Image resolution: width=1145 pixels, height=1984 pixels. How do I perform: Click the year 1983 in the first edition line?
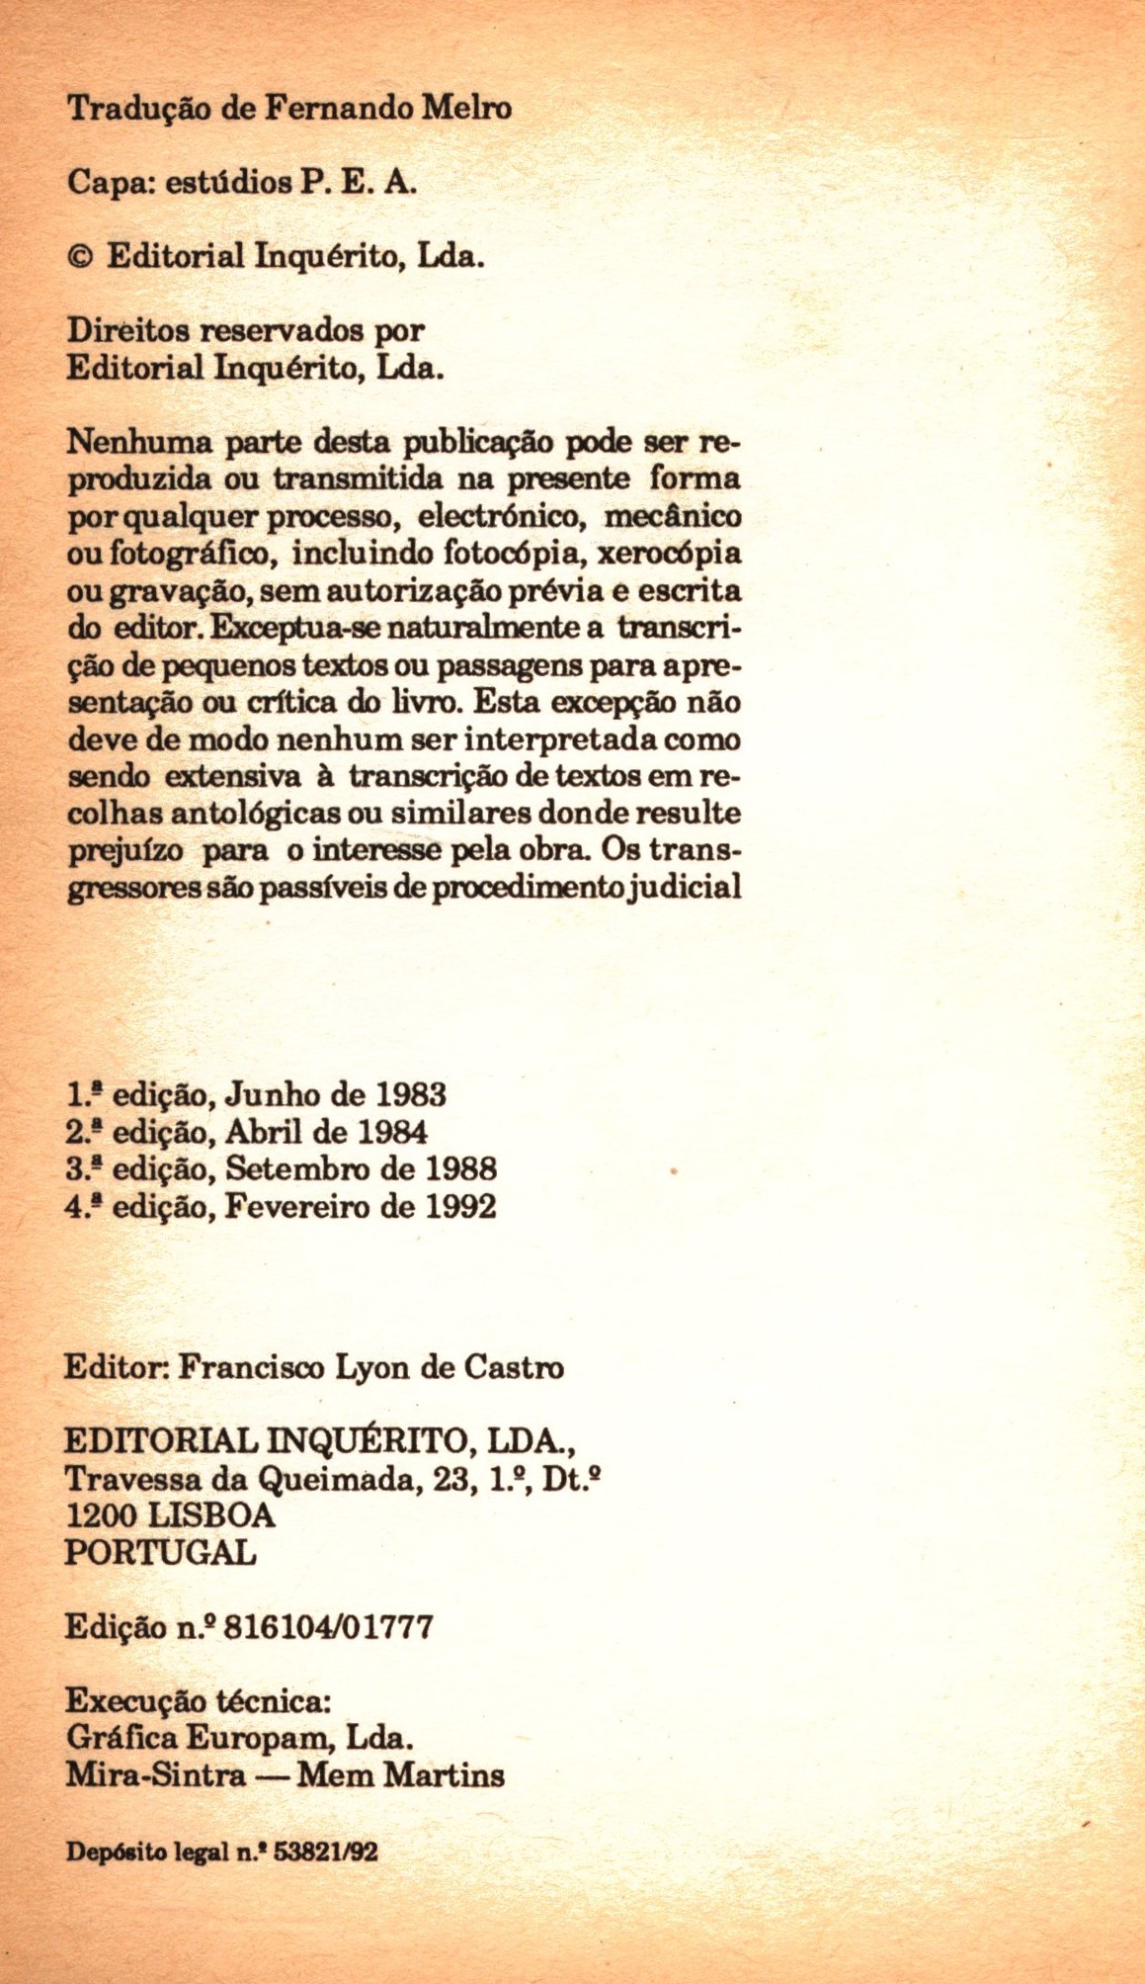[412, 1095]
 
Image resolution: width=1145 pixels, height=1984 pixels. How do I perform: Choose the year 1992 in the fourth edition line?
[461, 1207]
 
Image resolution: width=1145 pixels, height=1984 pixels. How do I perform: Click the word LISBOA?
[210, 1515]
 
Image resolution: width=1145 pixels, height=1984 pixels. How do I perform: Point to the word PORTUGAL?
[160, 1552]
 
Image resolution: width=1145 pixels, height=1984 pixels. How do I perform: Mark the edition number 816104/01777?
[329, 1627]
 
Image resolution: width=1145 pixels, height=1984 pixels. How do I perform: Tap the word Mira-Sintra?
[155, 1775]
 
